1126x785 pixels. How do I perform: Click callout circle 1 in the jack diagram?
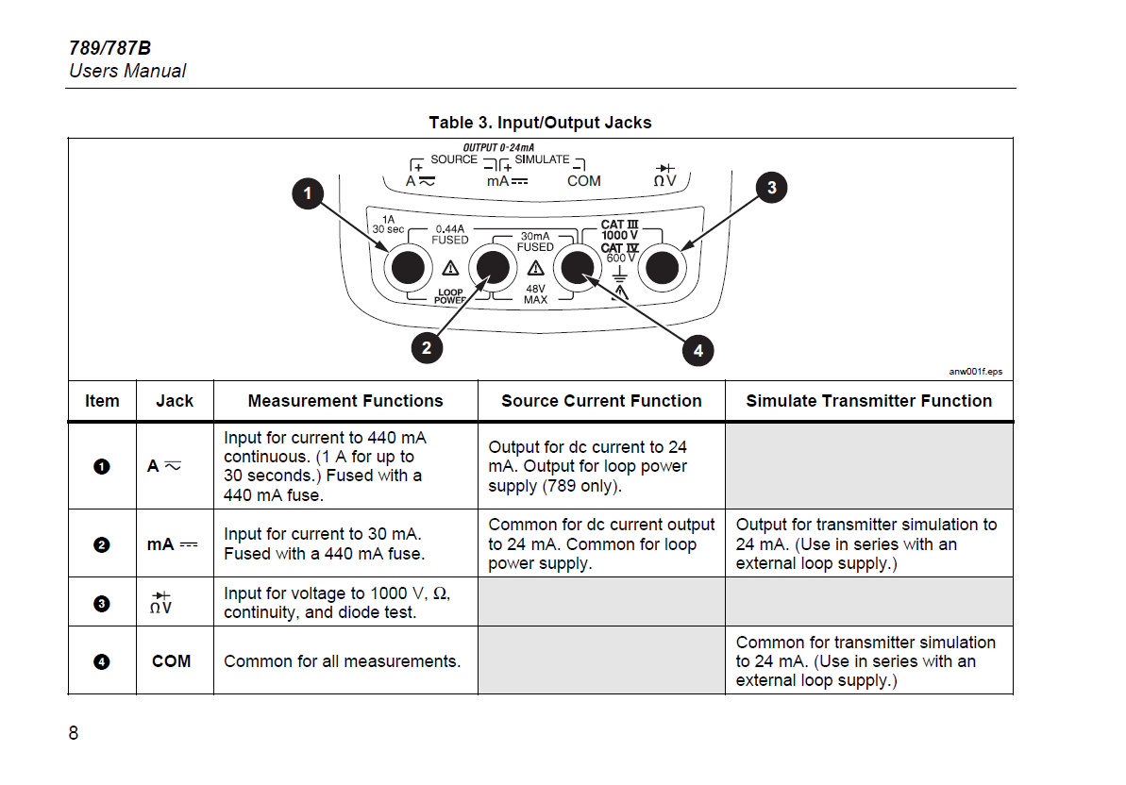tap(308, 193)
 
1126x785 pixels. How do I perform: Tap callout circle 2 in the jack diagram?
tap(427, 348)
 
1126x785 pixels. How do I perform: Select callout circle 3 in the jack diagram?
tap(772, 187)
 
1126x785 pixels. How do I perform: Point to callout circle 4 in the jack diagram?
tap(698, 350)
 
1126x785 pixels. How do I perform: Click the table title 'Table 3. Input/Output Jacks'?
tap(540, 123)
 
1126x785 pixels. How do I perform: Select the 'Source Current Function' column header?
tap(601, 401)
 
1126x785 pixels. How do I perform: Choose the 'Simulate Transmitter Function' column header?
tap(869, 401)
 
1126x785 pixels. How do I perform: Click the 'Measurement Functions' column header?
tap(345, 401)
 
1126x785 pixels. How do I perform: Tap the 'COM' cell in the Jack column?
tap(172, 660)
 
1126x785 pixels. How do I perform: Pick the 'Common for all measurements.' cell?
tap(343, 660)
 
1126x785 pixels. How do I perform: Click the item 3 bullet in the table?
tap(102, 604)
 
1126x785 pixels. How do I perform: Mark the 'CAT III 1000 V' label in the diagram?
tap(620, 229)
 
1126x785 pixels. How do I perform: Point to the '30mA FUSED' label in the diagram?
tap(535, 242)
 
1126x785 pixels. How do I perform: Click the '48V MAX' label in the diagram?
tap(536, 294)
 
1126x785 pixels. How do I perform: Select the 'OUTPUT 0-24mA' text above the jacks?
tap(498, 147)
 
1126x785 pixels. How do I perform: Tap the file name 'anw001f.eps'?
tap(976, 371)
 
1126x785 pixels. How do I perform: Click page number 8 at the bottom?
tap(74, 732)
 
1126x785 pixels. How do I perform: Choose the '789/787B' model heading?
tap(109, 48)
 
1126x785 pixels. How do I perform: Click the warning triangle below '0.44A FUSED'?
tap(450, 268)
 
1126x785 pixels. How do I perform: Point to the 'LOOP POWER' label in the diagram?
tap(450, 296)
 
